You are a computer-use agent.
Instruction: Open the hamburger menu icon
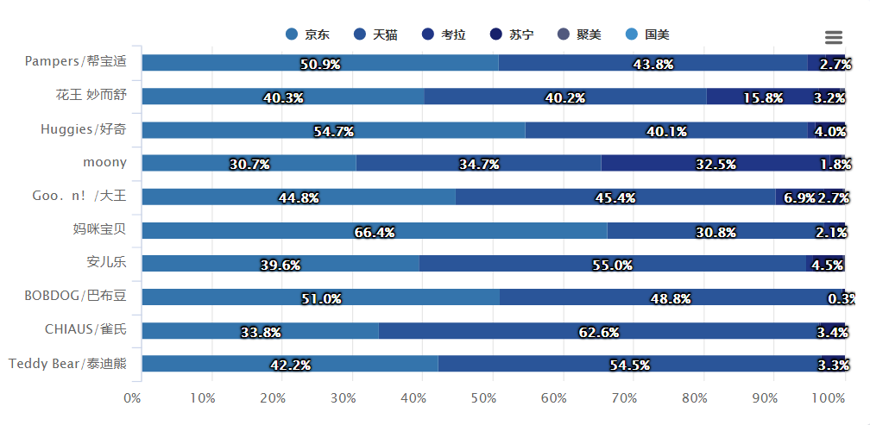(833, 37)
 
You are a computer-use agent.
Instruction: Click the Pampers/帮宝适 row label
(76, 61)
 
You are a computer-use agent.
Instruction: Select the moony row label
(104, 162)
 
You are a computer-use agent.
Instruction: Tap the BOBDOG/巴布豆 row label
(75, 296)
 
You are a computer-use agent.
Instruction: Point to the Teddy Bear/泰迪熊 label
(67, 363)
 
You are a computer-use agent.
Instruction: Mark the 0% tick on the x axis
(133, 398)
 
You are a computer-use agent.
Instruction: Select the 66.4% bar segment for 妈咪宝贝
(374, 230)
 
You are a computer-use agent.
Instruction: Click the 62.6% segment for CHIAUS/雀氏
(598, 330)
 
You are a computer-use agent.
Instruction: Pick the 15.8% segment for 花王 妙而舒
(758, 97)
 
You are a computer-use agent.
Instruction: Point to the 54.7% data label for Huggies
(334, 131)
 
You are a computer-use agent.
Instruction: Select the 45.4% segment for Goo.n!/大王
(615, 197)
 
